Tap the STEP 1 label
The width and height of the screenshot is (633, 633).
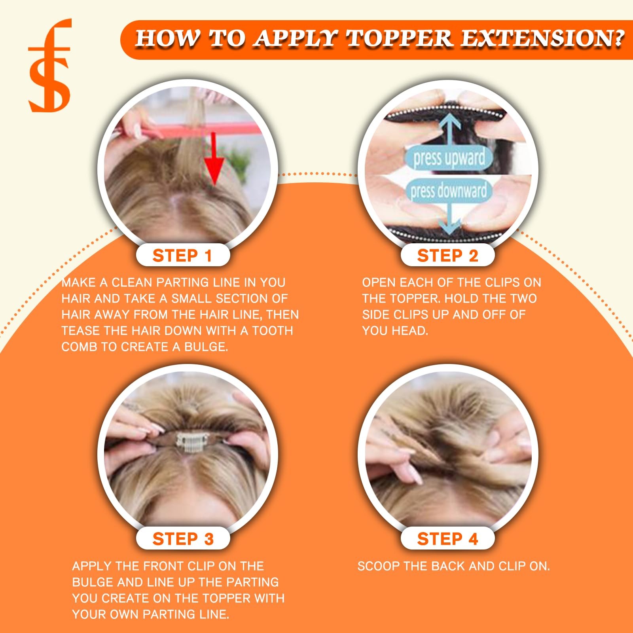(182, 256)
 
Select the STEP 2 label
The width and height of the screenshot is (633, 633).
(447, 256)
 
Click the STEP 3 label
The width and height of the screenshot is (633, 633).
(183, 539)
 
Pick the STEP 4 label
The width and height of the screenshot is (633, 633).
(447, 539)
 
